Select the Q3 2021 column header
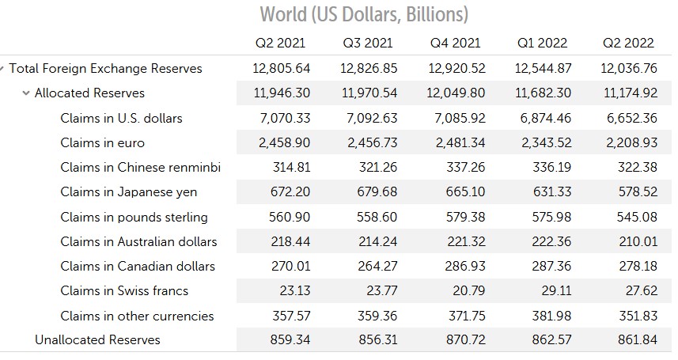[367, 43]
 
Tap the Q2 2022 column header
[628, 43]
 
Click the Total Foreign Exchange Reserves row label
[105, 68]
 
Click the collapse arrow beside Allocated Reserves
[27, 93]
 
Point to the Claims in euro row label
[102, 142]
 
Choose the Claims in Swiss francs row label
[124, 290]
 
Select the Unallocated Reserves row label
[97, 339]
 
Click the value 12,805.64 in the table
[282, 68]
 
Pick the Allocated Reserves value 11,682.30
[543, 93]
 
